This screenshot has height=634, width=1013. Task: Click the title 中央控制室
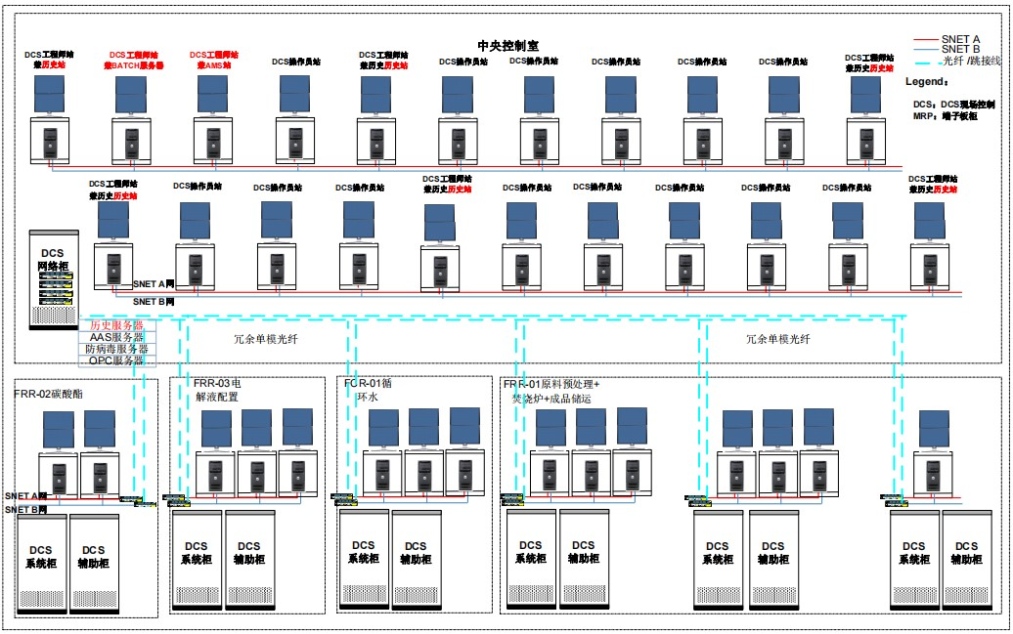(x=507, y=45)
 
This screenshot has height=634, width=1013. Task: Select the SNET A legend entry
(x=960, y=38)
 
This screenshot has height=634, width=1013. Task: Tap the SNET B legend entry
(x=960, y=49)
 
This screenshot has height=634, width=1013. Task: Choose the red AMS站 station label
(x=213, y=61)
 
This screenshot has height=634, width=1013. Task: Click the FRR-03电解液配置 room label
(x=216, y=391)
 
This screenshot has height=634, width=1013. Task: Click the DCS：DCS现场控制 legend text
(x=953, y=103)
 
